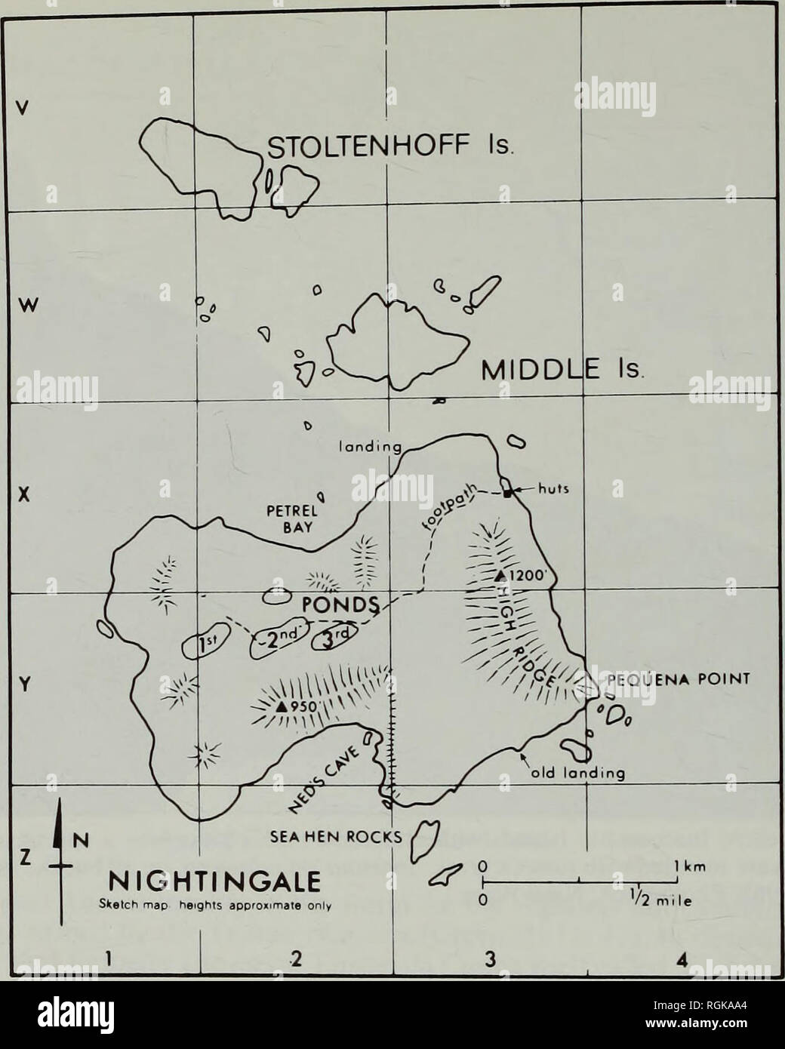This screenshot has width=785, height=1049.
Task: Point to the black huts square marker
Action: click(508, 492)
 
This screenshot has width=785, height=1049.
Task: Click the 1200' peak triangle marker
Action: click(498, 577)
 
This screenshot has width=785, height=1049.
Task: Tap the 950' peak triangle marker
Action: click(280, 706)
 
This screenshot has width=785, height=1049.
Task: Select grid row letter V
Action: click(23, 109)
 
